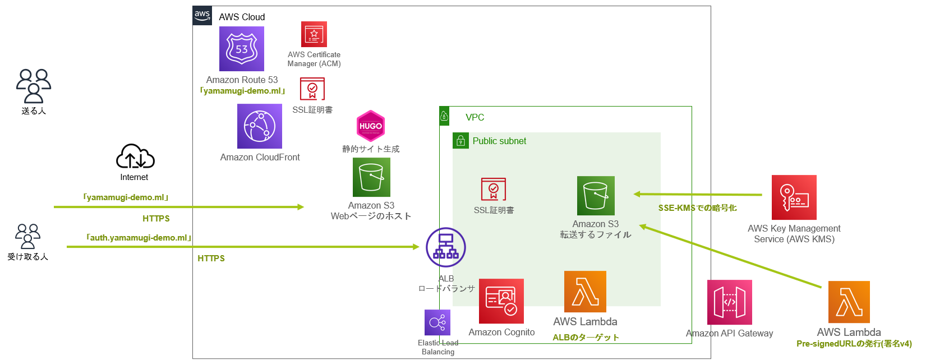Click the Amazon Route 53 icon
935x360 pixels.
[241, 49]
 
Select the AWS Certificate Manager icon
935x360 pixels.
[314, 34]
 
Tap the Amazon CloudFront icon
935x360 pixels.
[259, 126]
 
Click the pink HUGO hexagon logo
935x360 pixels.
[371, 126]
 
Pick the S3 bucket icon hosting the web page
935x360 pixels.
[371, 177]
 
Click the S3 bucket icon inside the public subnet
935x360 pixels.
[596, 196]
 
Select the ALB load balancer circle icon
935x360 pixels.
[445, 247]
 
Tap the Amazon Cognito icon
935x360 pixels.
[501, 301]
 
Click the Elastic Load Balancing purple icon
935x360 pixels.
[437, 322]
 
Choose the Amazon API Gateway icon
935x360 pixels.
[729, 302]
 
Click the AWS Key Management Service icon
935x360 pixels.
[794, 197]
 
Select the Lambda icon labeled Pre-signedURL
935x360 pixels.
[849, 302]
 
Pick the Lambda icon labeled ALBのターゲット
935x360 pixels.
[585, 292]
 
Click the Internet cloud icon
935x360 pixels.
[135, 157]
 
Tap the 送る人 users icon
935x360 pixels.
[34, 86]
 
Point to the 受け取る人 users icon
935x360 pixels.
[27, 236]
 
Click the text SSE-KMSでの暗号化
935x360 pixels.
[697, 208]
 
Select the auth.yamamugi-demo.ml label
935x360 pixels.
[139, 238]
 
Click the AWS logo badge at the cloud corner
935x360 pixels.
[202, 16]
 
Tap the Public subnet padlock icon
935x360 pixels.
[460, 141]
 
